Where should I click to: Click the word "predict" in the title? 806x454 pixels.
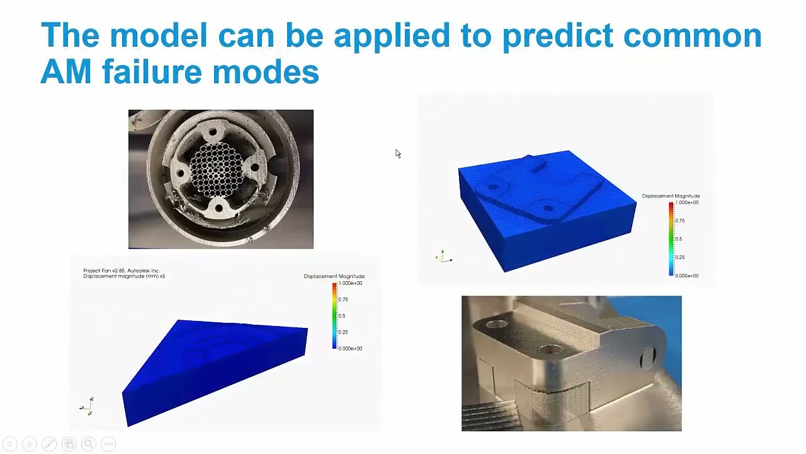tap(557, 36)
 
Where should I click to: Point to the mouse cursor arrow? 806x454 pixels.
tap(398, 154)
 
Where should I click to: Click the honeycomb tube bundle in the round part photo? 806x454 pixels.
tap(215, 173)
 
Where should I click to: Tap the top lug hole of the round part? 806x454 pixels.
tap(213, 133)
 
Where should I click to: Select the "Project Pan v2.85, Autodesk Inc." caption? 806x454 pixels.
tap(121, 271)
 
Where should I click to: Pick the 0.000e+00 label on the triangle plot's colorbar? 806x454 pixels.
tap(350, 348)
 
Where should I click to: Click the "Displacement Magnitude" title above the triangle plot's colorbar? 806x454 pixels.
tap(334, 276)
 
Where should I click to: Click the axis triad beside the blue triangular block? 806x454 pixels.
tap(88, 407)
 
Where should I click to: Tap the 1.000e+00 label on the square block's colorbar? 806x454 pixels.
tap(686, 202)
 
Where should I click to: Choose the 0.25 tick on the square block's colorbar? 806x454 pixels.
tap(679, 257)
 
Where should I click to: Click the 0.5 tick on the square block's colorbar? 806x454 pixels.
tap(678, 239)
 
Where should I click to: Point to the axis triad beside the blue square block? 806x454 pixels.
tap(443, 257)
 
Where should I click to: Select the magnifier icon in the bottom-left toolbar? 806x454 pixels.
tap(88, 444)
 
